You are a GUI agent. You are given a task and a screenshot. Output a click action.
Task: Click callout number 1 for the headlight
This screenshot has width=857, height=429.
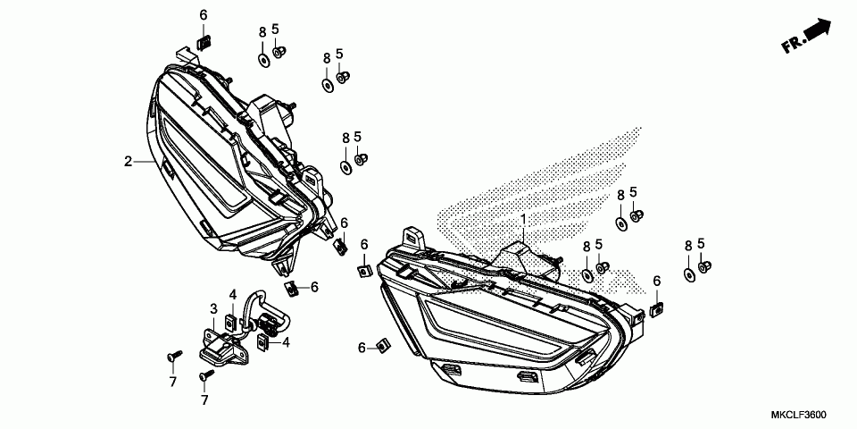pos(524,219)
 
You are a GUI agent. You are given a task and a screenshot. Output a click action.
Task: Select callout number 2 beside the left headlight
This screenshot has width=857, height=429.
pos(129,162)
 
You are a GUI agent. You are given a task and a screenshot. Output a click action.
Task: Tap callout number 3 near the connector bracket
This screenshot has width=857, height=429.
pos(214,309)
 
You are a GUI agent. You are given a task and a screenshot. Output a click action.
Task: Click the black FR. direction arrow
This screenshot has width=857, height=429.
pos(816,32)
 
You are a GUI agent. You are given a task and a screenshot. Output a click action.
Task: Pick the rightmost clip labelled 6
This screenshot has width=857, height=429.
pos(658,307)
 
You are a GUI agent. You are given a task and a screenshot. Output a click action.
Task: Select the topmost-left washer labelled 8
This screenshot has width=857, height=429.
pos(263,59)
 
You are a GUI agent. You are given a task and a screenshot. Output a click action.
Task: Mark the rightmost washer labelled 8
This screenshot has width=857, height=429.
pos(689,275)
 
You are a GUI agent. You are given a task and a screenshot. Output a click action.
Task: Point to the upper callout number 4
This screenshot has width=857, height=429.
pos(232,294)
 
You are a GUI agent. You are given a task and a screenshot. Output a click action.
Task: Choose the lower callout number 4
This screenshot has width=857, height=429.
pos(286,341)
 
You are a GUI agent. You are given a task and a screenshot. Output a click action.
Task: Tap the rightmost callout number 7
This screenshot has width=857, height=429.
pos(204,400)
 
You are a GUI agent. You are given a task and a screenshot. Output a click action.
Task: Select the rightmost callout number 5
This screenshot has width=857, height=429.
pos(701,243)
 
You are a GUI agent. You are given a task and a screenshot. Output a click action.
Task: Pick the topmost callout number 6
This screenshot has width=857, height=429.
pos(203,15)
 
